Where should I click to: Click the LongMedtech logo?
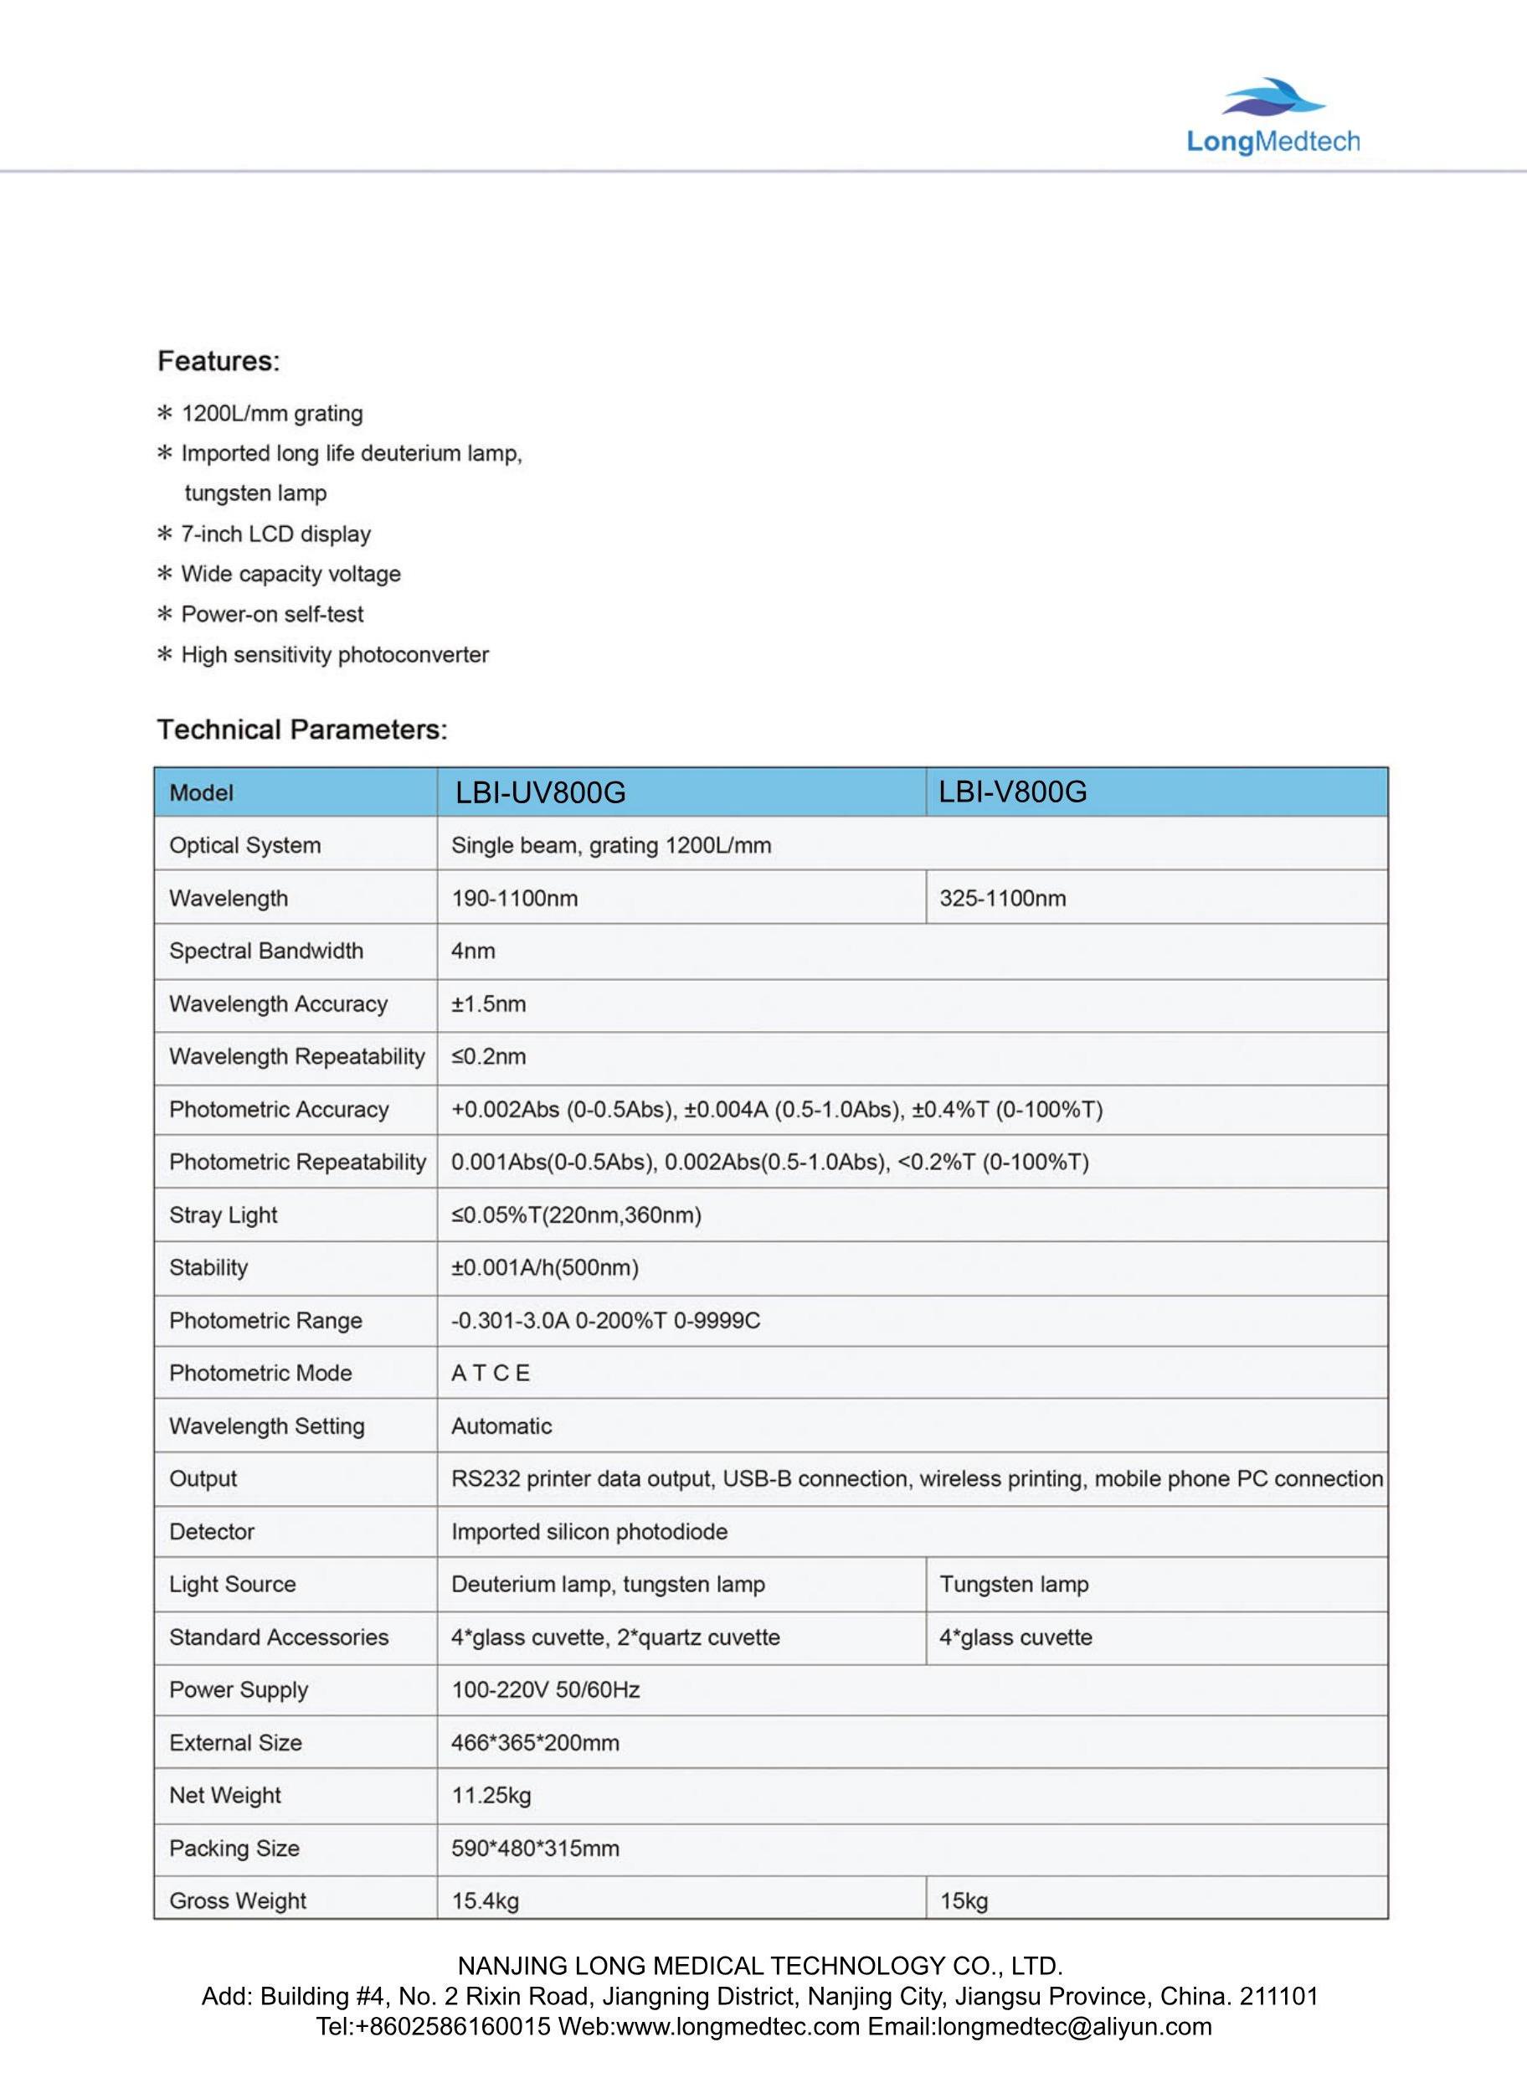tap(1272, 116)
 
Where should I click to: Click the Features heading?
tap(219, 361)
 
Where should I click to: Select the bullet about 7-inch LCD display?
tap(275, 534)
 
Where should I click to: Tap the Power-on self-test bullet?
tap(272, 614)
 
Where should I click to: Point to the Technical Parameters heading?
tap(301, 730)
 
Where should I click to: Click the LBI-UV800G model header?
tap(541, 792)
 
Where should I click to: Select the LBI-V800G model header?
tap(1012, 792)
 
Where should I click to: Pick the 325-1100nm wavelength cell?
tap(1002, 898)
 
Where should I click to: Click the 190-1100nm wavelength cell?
tap(514, 898)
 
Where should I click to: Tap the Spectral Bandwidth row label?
tap(266, 951)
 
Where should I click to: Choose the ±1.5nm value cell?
tap(488, 1003)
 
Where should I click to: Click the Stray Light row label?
tap(223, 1215)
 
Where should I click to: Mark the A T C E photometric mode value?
tap(490, 1373)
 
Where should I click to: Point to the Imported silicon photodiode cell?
tap(589, 1531)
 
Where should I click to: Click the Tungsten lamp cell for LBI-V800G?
tap(1014, 1584)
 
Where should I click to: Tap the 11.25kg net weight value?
tap(491, 1795)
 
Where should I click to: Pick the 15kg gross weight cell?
tap(964, 1901)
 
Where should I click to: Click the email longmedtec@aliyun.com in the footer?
tap(1039, 2027)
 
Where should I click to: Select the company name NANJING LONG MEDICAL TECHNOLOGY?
tap(760, 1966)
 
